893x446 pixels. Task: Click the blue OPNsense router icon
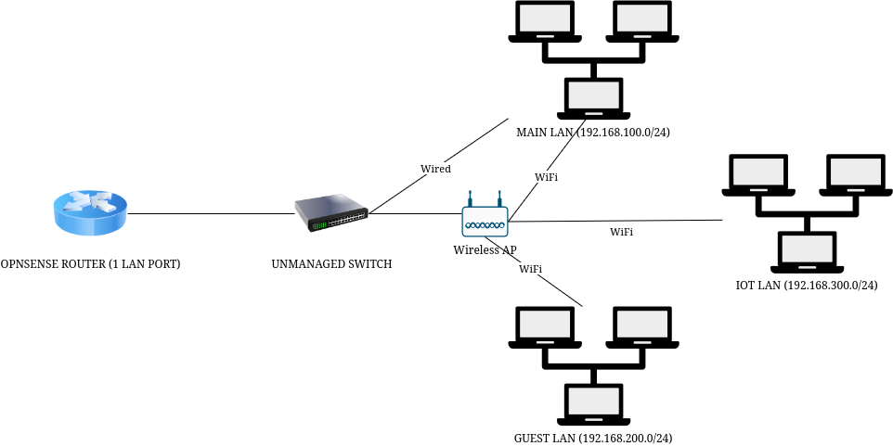(x=88, y=214)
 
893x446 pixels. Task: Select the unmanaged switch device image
(x=331, y=214)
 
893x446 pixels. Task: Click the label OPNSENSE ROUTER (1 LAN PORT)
(x=90, y=264)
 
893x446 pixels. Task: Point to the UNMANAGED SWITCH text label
(x=331, y=264)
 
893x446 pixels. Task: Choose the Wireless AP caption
(x=484, y=250)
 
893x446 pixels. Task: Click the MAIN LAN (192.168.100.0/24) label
(x=594, y=133)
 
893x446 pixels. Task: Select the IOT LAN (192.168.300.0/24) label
(x=800, y=285)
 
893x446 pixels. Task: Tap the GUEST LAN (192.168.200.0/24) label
(x=592, y=437)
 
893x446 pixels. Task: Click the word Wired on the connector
(x=435, y=169)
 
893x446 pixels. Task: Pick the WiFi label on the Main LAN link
(x=547, y=176)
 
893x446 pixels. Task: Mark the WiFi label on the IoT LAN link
(x=621, y=232)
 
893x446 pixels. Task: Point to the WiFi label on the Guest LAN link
(x=530, y=269)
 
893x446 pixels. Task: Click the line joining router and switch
(x=210, y=213)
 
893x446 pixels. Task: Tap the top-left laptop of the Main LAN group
(x=546, y=21)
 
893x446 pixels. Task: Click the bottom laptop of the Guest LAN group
(x=594, y=402)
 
